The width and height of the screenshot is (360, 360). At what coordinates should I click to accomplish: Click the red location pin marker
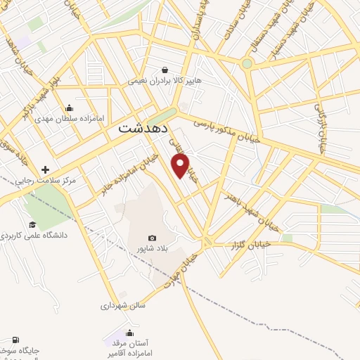click(x=181, y=166)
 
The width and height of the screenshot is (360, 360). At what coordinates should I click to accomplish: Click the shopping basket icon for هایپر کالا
click(x=165, y=70)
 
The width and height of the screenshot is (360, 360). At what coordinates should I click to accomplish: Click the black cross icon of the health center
click(x=46, y=169)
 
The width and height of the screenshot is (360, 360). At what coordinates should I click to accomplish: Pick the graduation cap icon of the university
click(x=32, y=224)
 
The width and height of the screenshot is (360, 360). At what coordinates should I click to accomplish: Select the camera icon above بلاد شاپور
click(x=152, y=238)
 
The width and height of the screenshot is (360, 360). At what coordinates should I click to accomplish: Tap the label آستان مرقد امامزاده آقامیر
click(x=130, y=349)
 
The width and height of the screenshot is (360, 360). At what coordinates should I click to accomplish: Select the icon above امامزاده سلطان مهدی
click(x=69, y=108)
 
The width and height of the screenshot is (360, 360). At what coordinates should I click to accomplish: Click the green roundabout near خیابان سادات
click(x=247, y=64)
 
